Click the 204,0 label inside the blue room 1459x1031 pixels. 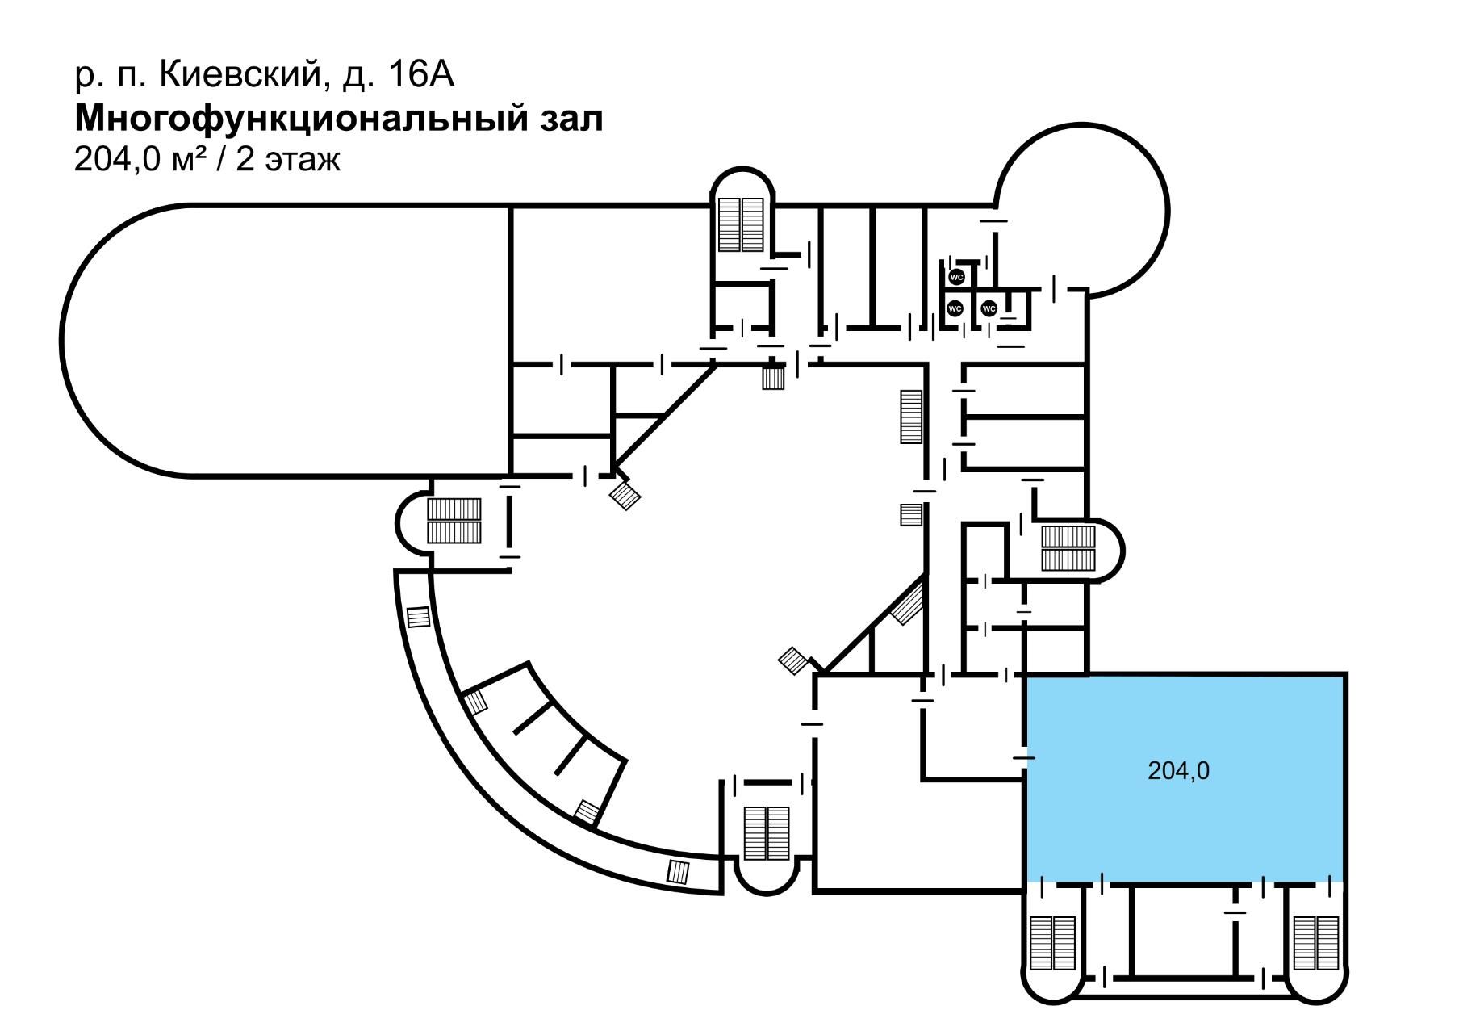tap(1178, 771)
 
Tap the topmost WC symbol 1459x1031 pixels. tap(956, 277)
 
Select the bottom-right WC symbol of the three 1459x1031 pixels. tap(989, 308)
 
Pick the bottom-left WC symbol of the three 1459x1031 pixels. tap(955, 308)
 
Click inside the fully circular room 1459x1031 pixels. tap(1081, 210)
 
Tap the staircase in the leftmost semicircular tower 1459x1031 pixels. tap(454, 521)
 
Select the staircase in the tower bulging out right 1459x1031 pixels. tap(1068, 548)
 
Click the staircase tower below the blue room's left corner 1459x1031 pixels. tap(1053, 943)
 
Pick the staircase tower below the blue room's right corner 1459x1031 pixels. tap(1315, 943)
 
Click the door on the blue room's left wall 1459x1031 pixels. tap(1024, 757)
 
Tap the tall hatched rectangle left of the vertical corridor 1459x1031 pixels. tap(911, 417)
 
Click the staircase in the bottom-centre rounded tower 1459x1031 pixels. tap(766, 833)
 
